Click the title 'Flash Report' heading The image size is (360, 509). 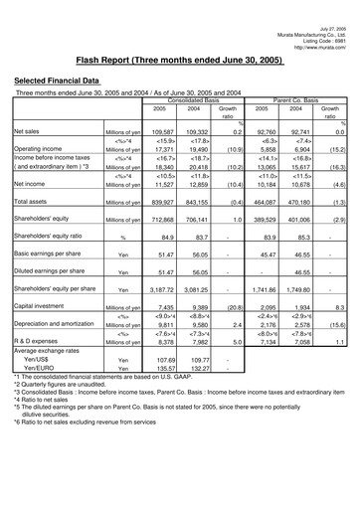point(179,59)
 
